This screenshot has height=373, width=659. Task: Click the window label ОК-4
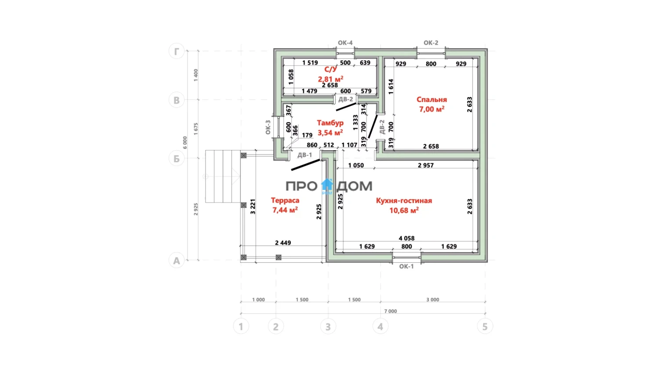tap(345, 43)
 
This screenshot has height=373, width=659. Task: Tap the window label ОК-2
tap(431, 43)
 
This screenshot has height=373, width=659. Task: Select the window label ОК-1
tap(406, 267)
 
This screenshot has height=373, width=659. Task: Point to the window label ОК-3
tap(268, 127)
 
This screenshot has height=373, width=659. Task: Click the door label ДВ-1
tap(304, 155)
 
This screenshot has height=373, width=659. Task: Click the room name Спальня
tap(431, 100)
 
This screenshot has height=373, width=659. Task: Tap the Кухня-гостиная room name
tap(404, 201)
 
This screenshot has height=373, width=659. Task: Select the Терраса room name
tap(285, 200)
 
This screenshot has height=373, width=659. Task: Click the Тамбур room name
tap(330, 123)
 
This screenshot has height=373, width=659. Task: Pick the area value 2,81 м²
tap(330, 79)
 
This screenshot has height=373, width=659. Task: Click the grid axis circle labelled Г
tap(177, 51)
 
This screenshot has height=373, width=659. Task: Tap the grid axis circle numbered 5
tap(485, 326)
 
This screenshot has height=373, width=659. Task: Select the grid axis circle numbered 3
tap(328, 326)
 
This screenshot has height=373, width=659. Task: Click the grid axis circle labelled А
tap(177, 261)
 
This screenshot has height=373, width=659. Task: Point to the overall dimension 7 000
tap(391, 311)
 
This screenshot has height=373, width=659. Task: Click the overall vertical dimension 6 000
tap(185, 142)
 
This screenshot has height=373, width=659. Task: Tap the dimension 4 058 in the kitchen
tap(406, 238)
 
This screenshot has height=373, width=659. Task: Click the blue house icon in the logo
tap(327, 185)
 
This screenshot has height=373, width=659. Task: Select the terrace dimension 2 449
tap(283, 243)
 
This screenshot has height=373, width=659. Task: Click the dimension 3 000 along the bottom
tap(433, 300)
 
